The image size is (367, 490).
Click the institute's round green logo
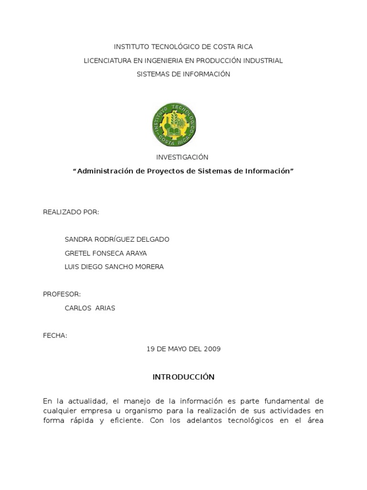click(175, 124)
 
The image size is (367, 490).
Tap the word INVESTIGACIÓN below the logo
click(183, 157)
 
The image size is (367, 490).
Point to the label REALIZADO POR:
click(71, 212)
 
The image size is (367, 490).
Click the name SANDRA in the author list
click(77, 239)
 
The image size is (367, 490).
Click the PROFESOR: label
click(62, 294)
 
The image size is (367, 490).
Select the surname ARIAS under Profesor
click(105, 308)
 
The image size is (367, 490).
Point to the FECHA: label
click(55, 335)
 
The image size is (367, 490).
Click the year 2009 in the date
click(213, 349)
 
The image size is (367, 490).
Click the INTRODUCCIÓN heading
click(183, 377)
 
